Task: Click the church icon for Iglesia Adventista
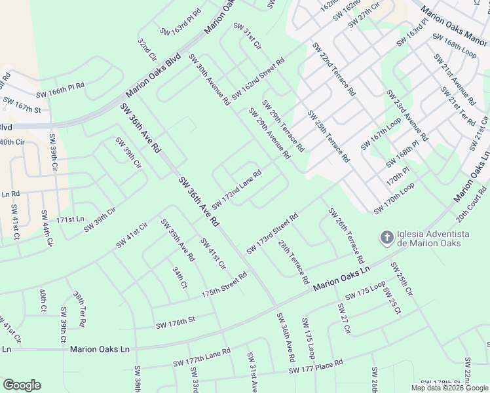387,237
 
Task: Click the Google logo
22,384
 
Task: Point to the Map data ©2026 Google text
449,388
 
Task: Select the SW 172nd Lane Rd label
236,187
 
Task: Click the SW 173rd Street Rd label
273,233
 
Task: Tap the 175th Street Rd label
224,285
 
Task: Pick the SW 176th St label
176,322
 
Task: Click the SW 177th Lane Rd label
202,358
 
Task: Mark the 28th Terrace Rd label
293,261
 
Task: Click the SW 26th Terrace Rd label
346,236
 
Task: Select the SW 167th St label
22,104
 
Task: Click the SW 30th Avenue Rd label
210,80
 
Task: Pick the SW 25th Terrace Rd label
329,135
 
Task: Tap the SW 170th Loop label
394,198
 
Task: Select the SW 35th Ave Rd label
178,245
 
